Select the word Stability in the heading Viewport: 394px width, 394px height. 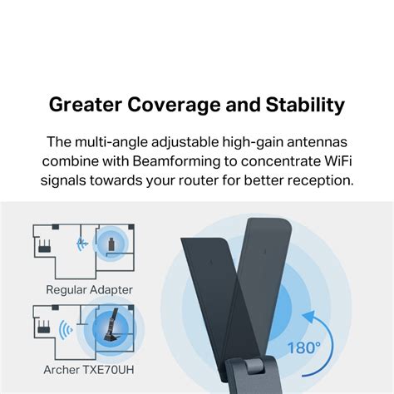306,106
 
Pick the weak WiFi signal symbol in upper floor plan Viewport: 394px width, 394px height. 81,244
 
